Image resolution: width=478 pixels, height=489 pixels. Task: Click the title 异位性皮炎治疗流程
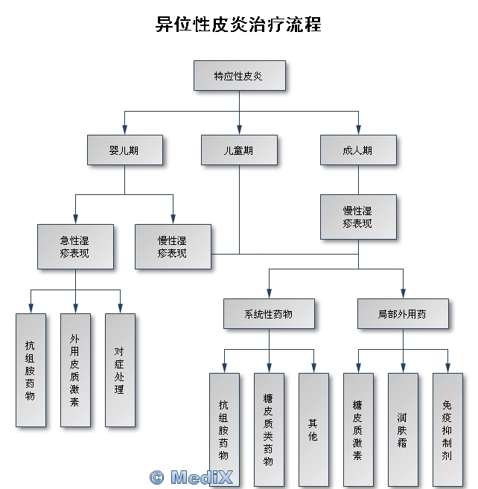click(238, 25)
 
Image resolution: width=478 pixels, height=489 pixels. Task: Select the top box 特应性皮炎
click(238, 76)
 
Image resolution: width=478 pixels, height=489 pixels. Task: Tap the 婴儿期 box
click(124, 150)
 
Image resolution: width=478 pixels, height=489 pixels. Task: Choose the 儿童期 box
click(238, 150)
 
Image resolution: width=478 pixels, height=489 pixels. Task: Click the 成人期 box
click(358, 150)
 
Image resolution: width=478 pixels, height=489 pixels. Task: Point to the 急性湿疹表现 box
click(75, 246)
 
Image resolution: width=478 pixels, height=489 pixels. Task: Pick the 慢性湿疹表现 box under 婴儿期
click(172, 246)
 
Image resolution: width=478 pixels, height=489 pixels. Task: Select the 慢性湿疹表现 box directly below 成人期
click(358, 217)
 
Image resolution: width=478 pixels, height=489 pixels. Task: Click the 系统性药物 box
click(269, 313)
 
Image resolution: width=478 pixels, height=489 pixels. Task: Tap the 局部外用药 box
click(403, 313)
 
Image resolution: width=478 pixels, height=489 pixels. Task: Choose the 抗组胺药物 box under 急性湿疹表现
click(31, 370)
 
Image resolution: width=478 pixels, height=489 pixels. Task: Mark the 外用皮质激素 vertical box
click(75, 370)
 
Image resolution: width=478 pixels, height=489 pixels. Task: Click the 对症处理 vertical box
click(120, 370)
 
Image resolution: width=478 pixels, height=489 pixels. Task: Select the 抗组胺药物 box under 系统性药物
click(224, 429)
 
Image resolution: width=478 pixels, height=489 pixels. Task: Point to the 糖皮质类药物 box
click(269, 429)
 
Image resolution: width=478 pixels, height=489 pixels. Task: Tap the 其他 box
click(313, 429)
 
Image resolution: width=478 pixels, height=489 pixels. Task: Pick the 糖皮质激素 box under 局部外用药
click(358, 429)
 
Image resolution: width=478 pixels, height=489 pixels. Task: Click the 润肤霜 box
click(403, 429)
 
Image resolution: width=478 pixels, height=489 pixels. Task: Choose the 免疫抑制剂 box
click(447, 429)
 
